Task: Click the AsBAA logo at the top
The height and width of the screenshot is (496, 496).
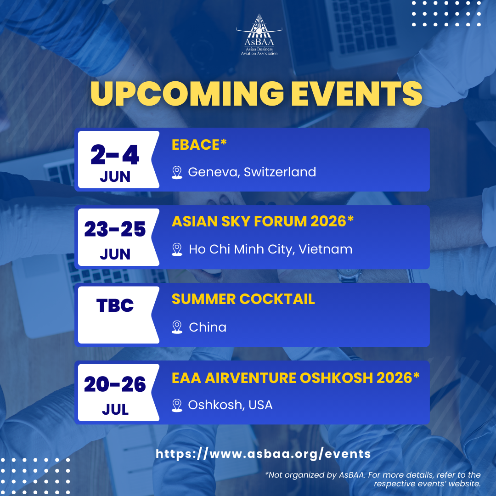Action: point(259,35)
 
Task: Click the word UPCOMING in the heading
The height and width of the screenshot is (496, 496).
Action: point(187,94)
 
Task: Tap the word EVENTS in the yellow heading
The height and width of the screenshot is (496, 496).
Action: point(356,94)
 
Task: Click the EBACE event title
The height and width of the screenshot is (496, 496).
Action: point(199,145)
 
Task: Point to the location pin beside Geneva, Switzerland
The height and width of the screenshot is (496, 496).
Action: point(177,172)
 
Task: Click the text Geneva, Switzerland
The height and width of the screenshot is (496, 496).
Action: point(252,172)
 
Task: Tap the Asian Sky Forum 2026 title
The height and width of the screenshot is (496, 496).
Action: point(263,221)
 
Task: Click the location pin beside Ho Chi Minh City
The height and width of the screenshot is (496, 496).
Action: point(177,249)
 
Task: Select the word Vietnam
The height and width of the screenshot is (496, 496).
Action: point(326,249)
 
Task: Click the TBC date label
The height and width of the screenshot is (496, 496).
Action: point(115,305)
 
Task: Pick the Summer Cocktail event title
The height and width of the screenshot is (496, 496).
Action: point(243,299)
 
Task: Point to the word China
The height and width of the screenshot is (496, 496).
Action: point(208,327)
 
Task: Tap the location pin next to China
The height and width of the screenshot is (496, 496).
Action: point(177,327)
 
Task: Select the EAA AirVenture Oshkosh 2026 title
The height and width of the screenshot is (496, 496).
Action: point(295,378)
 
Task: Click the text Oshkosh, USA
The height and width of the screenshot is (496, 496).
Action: point(230,405)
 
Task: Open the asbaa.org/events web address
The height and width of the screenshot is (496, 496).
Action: point(263,454)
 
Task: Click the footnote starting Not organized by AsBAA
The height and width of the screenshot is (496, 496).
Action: point(373,479)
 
